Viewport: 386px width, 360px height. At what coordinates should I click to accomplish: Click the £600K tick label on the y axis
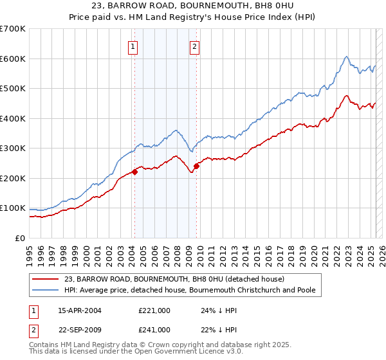[x=13, y=59]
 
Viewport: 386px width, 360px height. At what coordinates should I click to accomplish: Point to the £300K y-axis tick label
[x=13, y=148]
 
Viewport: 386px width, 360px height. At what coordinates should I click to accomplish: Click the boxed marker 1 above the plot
[x=133, y=46]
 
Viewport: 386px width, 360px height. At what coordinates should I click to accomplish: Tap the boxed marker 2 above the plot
[x=194, y=46]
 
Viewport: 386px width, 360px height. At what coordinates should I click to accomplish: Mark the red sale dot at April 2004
[x=135, y=172]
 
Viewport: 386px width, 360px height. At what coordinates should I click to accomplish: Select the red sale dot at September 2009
[x=196, y=166]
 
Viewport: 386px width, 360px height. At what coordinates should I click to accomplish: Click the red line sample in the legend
[x=46, y=279]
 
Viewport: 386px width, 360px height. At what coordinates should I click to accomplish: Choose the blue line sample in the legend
[x=46, y=290]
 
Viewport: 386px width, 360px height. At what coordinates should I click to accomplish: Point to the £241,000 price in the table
[x=154, y=330]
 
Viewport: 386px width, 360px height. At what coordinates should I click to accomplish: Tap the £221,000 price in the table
[x=154, y=310]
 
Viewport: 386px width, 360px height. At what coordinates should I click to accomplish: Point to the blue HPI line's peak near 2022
[x=346, y=57]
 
